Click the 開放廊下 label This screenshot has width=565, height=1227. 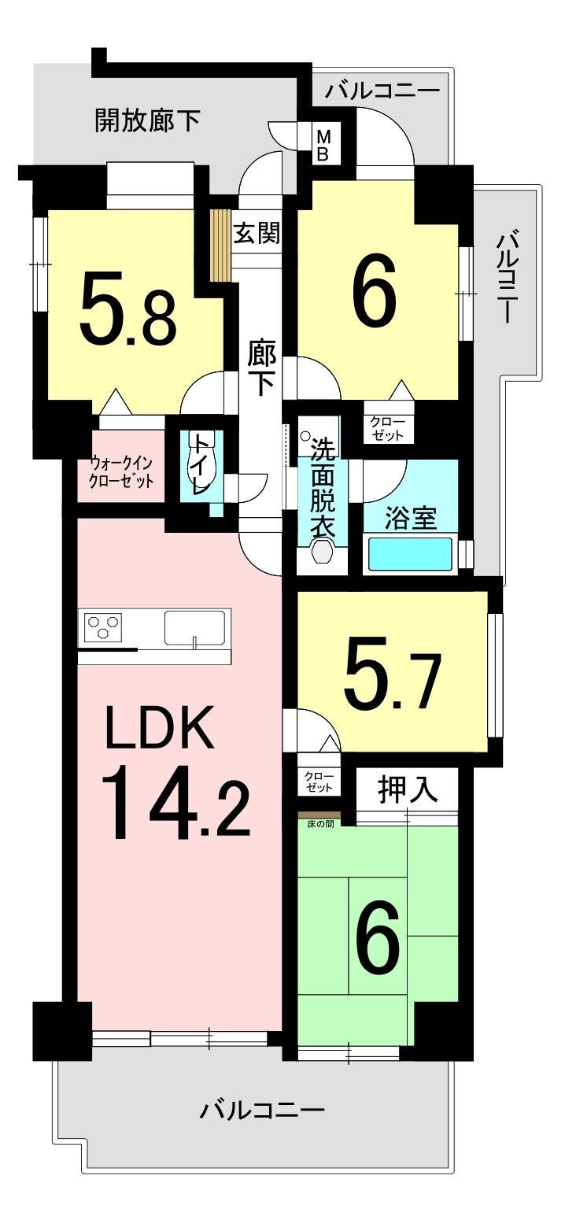[x=147, y=120]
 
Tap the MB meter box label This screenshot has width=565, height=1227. [x=323, y=145]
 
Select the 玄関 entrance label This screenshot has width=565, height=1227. [x=257, y=233]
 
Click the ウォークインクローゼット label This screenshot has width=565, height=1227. [x=121, y=472]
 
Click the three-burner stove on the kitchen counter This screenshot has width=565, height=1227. [x=103, y=627]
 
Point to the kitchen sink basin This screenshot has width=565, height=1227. [x=195, y=627]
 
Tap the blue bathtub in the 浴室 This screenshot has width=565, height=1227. [x=410, y=554]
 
